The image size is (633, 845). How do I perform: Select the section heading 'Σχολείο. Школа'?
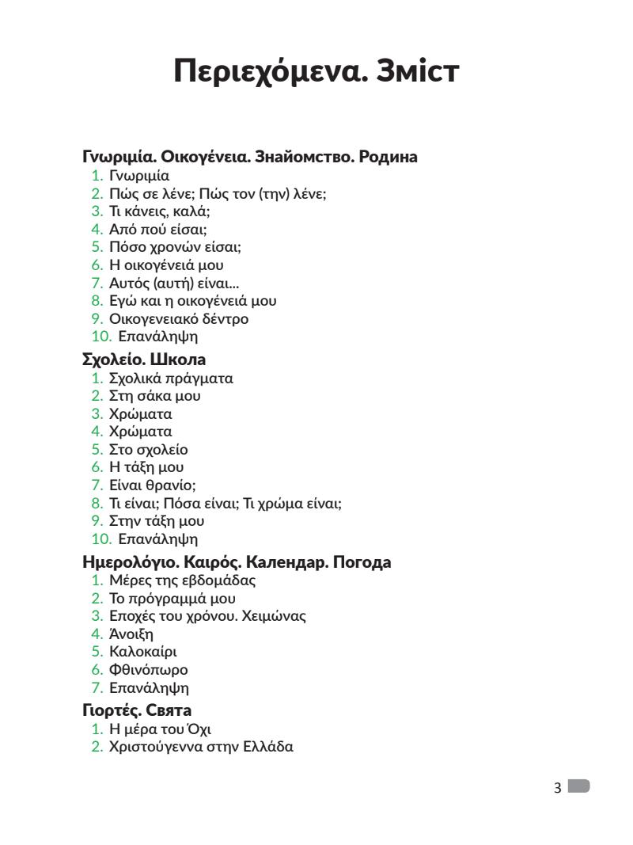[144, 360]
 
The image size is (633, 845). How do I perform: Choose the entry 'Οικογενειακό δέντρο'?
[179, 319]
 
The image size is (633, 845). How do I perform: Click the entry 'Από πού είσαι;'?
[157, 230]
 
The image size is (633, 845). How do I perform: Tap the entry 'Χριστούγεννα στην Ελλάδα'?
[201, 746]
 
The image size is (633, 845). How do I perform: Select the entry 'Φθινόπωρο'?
[149, 670]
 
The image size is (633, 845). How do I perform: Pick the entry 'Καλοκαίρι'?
[143, 652]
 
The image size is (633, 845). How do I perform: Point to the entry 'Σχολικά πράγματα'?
[171, 378]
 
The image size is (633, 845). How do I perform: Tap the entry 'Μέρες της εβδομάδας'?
[182, 580]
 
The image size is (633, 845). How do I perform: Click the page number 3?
[558, 788]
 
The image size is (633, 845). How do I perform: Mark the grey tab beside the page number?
[579, 786]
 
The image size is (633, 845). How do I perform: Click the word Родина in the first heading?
[388, 157]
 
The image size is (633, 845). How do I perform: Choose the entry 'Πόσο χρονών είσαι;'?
[175, 248]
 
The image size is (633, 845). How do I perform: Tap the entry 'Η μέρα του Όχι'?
[160, 729]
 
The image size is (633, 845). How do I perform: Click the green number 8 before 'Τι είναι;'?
[97, 504]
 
